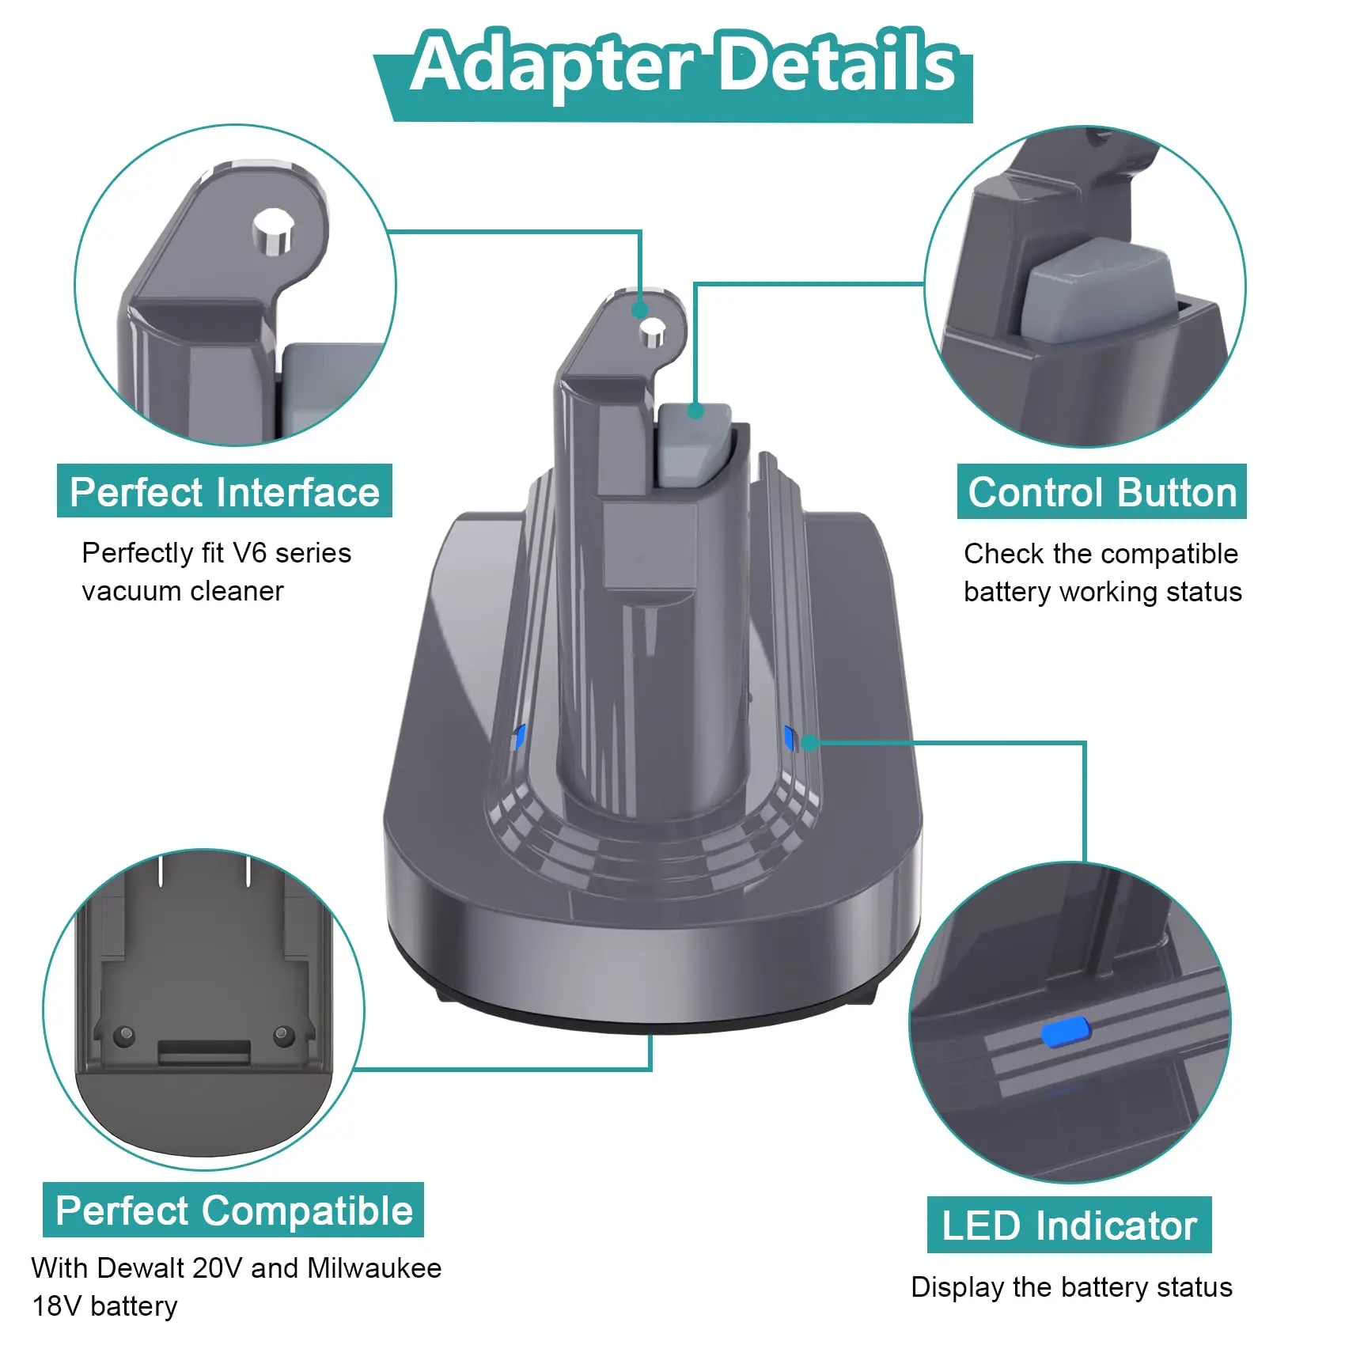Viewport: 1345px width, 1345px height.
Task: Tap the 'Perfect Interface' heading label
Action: tap(225, 491)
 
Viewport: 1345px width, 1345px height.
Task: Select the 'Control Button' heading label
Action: tap(1102, 491)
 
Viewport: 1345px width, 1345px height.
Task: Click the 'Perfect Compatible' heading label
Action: tap(233, 1210)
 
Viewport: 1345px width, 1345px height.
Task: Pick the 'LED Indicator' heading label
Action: tap(1069, 1225)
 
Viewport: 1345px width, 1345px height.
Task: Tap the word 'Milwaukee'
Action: tap(374, 1267)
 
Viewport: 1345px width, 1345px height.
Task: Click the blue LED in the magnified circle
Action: tap(1066, 1032)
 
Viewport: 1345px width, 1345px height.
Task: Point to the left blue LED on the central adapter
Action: tap(518, 738)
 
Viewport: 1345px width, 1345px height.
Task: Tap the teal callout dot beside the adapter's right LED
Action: tap(809, 742)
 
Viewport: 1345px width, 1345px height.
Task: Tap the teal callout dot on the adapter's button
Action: tap(695, 411)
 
